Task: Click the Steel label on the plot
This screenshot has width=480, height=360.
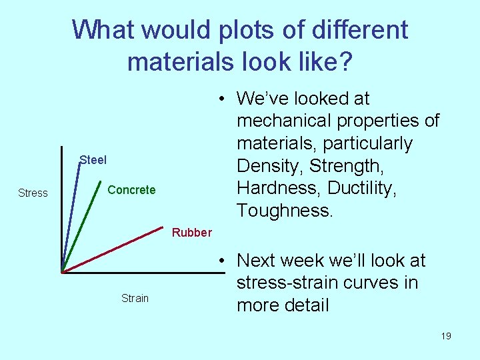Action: [93, 160]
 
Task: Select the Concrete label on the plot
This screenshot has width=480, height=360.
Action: [131, 190]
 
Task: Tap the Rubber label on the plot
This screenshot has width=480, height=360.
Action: [191, 233]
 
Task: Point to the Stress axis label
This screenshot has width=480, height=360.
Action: [33, 193]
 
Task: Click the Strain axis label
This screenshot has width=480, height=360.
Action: [135, 298]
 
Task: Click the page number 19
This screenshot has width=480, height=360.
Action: [445, 336]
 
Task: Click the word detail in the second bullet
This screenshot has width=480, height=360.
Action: [304, 305]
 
